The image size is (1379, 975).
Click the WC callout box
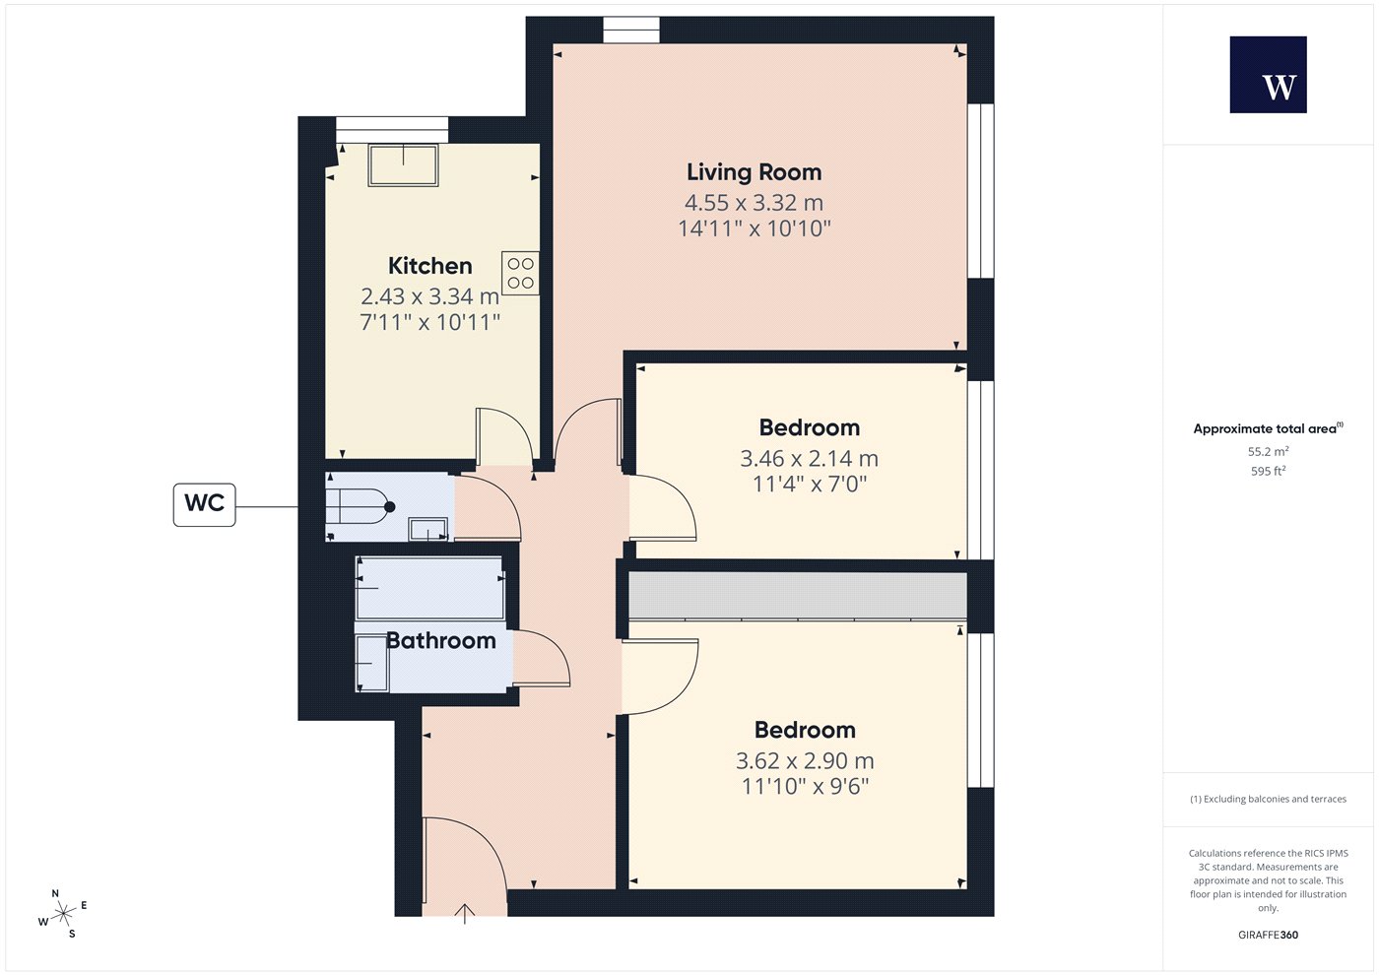pyautogui.click(x=205, y=504)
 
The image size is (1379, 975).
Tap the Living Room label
pyautogui.click(x=755, y=172)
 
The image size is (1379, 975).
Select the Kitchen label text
pyautogui.click(x=430, y=266)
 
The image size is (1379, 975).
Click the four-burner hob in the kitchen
pyautogui.click(x=520, y=273)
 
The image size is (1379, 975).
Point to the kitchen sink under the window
pyautogui.click(x=403, y=165)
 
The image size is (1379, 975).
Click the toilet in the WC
pyautogui.click(x=361, y=506)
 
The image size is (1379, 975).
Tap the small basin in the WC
pyautogui.click(x=428, y=529)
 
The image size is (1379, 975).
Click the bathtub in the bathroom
pyautogui.click(x=430, y=588)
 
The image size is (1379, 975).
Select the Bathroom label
pyautogui.click(x=441, y=641)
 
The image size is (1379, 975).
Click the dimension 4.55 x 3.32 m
pyautogui.click(x=755, y=203)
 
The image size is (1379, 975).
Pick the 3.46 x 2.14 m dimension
pyautogui.click(x=809, y=459)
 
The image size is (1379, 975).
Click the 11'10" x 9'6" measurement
pyautogui.click(x=806, y=787)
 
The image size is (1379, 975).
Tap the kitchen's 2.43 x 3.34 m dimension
pyautogui.click(x=429, y=296)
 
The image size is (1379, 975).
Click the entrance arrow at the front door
pyautogui.click(x=465, y=914)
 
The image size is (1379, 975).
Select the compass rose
pyautogui.click(x=62, y=914)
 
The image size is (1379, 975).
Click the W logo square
pyautogui.click(x=1269, y=75)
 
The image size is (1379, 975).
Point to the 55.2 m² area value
pyautogui.click(x=1269, y=451)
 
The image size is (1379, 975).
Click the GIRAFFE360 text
pyautogui.click(x=1269, y=935)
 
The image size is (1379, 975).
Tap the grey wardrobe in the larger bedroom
pyautogui.click(x=797, y=595)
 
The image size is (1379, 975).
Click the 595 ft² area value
pyautogui.click(x=1269, y=471)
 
